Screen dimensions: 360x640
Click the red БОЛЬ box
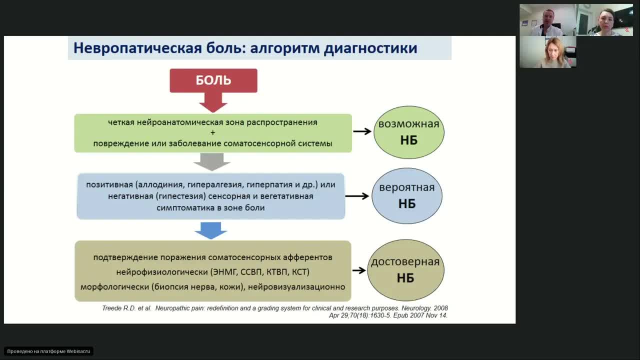pyautogui.click(x=213, y=80)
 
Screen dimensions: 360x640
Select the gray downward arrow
pyautogui.click(x=212, y=161)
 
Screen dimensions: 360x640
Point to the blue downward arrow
pyautogui.click(x=210, y=230)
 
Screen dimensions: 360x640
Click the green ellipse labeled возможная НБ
pyautogui.click(x=408, y=132)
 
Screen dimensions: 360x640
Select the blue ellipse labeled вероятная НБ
pyautogui.click(x=406, y=195)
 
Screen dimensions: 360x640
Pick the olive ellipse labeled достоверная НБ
pyautogui.click(x=405, y=270)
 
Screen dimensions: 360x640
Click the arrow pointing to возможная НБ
pyautogui.click(x=362, y=131)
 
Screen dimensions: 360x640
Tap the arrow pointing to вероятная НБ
pyautogui.click(x=357, y=196)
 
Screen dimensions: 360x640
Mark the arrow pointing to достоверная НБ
pyautogui.click(x=359, y=270)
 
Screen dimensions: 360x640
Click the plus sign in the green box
pyautogui.click(x=212, y=133)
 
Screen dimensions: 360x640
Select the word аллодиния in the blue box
pyautogui.click(x=159, y=184)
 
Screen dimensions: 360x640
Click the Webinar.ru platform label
pyautogui.click(x=48, y=351)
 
